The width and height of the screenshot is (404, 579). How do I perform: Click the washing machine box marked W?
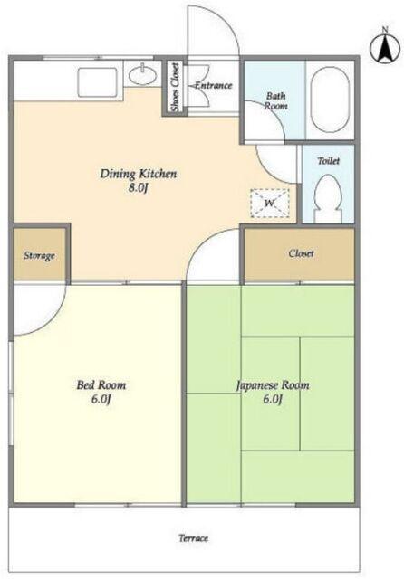click(x=269, y=203)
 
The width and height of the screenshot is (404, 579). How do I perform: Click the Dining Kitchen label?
click(x=139, y=174)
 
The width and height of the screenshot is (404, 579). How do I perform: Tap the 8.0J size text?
click(x=139, y=188)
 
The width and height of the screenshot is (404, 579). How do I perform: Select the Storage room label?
click(x=39, y=255)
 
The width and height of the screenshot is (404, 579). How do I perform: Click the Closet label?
click(x=302, y=253)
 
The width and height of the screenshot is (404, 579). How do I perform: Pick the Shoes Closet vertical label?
click(x=175, y=87)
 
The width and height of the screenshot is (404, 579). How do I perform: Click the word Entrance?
click(x=213, y=85)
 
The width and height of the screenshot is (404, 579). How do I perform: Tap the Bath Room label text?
click(x=275, y=100)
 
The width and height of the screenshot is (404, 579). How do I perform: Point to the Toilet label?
click(x=329, y=161)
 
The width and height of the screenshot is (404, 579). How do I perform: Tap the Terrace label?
click(x=193, y=537)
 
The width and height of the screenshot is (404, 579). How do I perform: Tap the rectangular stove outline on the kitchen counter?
click(x=97, y=81)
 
